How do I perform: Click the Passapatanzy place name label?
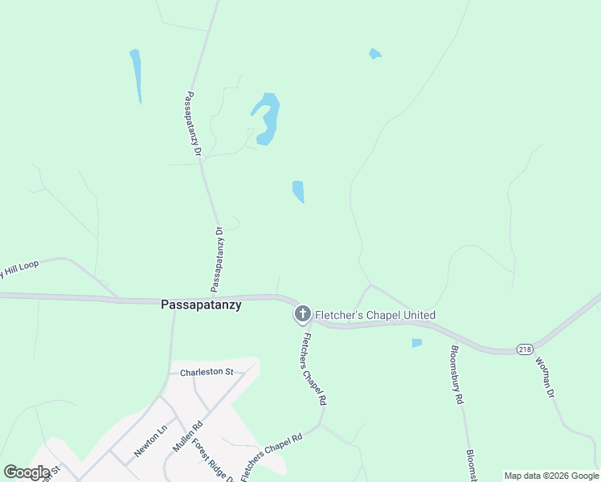point(201,305)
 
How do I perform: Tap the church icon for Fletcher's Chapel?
point(302,315)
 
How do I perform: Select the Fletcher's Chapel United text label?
point(374,315)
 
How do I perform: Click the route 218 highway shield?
point(525,349)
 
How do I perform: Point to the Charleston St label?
point(206,372)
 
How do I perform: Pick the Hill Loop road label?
point(18,269)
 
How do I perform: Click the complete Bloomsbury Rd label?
point(456,374)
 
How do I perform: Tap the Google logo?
point(27,472)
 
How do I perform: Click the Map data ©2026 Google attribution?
point(552,476)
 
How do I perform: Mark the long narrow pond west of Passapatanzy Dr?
point(137,75)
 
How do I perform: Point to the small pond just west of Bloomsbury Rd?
point(416,343)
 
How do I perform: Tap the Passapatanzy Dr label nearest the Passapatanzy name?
point(217,259)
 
